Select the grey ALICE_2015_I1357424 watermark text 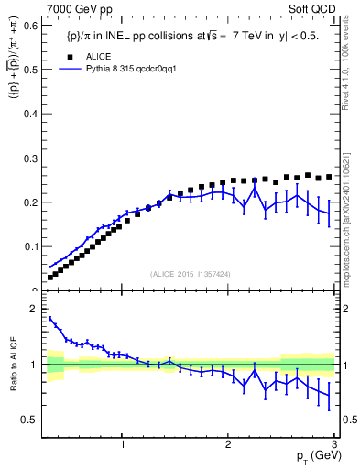(x=191, y=275)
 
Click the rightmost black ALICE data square (x=329, y=177)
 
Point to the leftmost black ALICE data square (x=50, y=277)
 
